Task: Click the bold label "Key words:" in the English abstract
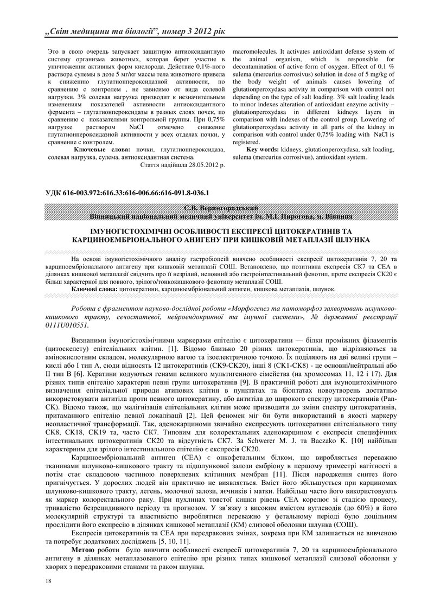coord(263,149)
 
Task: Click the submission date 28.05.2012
coord(199,164)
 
